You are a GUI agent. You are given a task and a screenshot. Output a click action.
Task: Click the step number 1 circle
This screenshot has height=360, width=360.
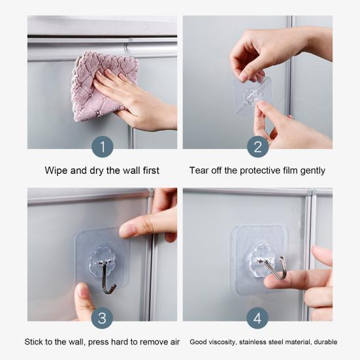pyautogui.click(x=103, y=147)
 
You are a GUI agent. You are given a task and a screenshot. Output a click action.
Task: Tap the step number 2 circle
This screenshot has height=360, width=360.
pyautogui.click(x=257, y=147)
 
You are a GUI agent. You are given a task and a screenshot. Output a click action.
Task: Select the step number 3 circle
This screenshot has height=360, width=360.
pyautogui.click(x=102, y=318)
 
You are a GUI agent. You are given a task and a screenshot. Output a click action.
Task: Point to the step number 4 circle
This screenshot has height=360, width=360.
pyautogui.click(x=257, y=318)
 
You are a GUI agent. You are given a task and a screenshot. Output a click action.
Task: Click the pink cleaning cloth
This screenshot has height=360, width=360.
pyautogui.click(x=101, y=85)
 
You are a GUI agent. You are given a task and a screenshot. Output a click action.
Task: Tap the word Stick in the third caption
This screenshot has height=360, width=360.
pyautogui.click(x=33, y=342)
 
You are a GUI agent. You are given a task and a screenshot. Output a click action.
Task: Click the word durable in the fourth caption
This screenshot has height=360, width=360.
pyautogui.click(x=325, y=342)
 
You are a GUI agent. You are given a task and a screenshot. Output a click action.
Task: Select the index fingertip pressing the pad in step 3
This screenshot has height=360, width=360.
pyautogui.click(x=127, y=230)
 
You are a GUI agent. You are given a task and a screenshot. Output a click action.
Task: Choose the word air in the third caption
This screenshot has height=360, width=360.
pyautogui.click(x=175, y=342)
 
